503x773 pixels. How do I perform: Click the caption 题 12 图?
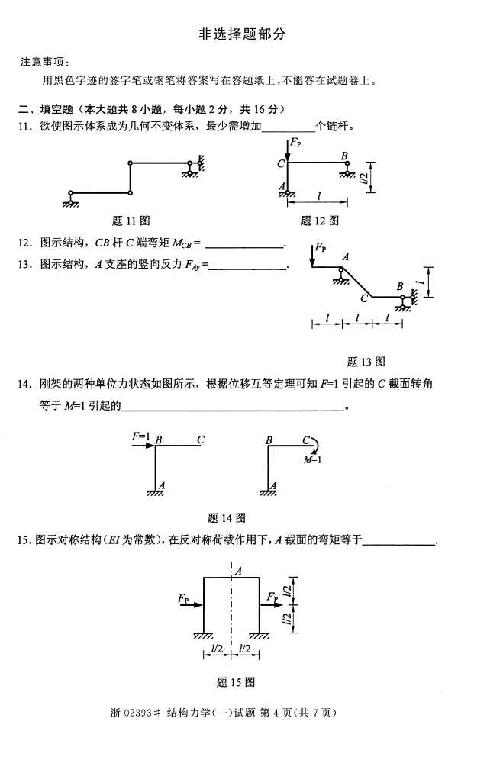[x=319, y=221]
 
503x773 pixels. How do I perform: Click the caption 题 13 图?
[x=366, y=362]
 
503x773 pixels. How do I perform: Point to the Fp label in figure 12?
[x=295, y=143]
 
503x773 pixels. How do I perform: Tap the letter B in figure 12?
[x=344, y=156]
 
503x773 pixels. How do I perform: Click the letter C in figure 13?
[x=365, y=299]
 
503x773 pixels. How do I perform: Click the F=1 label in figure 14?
[x=141, y=436]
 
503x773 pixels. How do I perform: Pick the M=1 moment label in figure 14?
[x=311, y=459]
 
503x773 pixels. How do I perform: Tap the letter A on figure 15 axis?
[x=239, y=570]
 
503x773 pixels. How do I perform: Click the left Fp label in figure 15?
[x=184, y=599]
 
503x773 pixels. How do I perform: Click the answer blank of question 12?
[x=244, y=245]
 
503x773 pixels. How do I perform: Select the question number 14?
[x=24, y=383]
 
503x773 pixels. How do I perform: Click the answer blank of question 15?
[x=400, y=542]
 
